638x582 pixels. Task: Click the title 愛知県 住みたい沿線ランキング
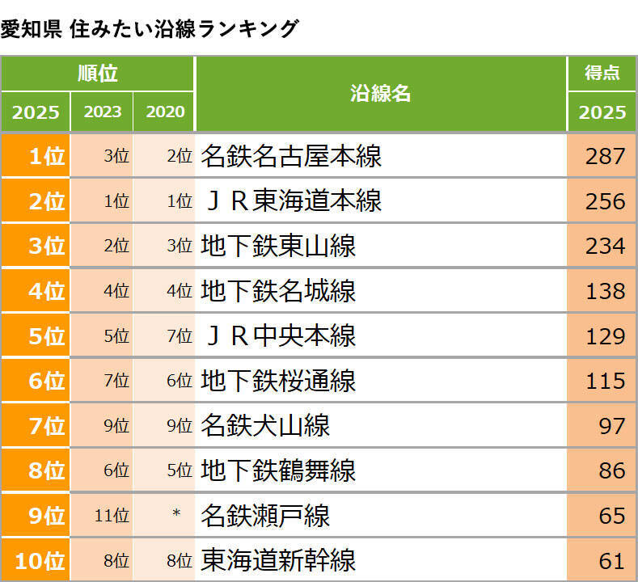coord(150,29)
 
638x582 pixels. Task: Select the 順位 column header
coord(97,74)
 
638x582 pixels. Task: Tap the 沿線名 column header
coord(381,93)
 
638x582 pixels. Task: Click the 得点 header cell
coord(602,73)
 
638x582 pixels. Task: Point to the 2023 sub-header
coord(102,112)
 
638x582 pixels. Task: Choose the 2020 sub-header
coord(165,112)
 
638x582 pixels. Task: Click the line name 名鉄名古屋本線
coord(291,156)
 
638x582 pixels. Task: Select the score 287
coord(606,156)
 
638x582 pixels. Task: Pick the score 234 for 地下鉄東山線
coord(606,246)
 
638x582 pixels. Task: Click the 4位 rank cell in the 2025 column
coord(36,290)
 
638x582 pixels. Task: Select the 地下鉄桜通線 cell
coord(278,380)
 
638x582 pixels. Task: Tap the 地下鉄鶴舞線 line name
coord(278,470)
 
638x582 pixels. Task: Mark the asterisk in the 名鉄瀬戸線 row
coord(176,515)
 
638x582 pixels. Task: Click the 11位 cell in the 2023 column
coord(112,515)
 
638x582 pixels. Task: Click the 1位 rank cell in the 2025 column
coord(36,156)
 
